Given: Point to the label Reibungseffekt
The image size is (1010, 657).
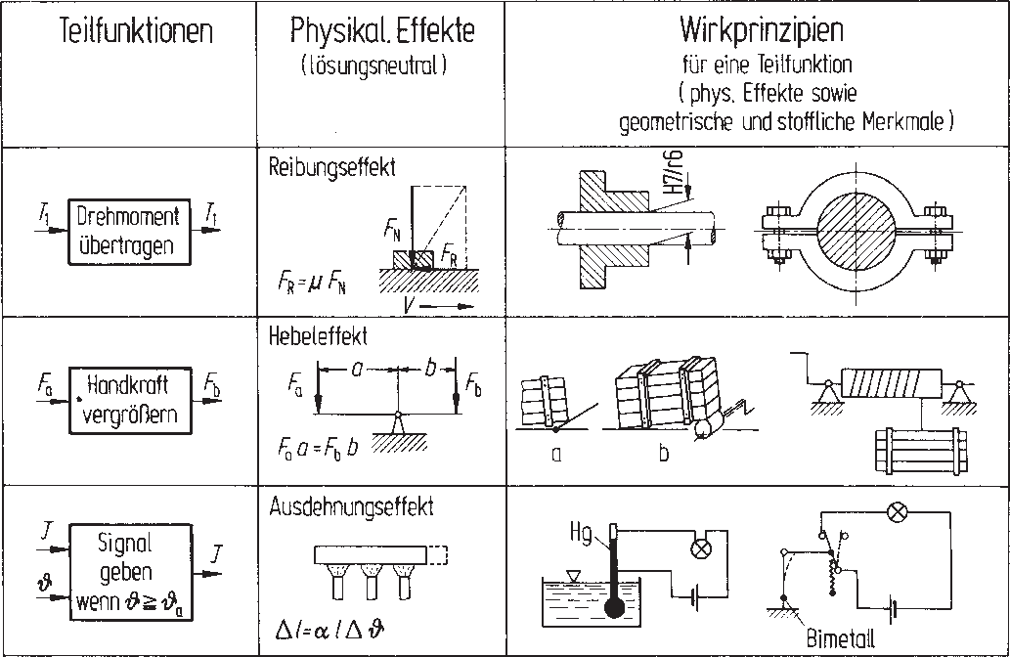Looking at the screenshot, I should (332, 167).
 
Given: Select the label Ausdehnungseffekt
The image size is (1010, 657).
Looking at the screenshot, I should (352, 507).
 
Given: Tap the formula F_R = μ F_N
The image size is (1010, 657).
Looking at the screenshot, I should (310, 285).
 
